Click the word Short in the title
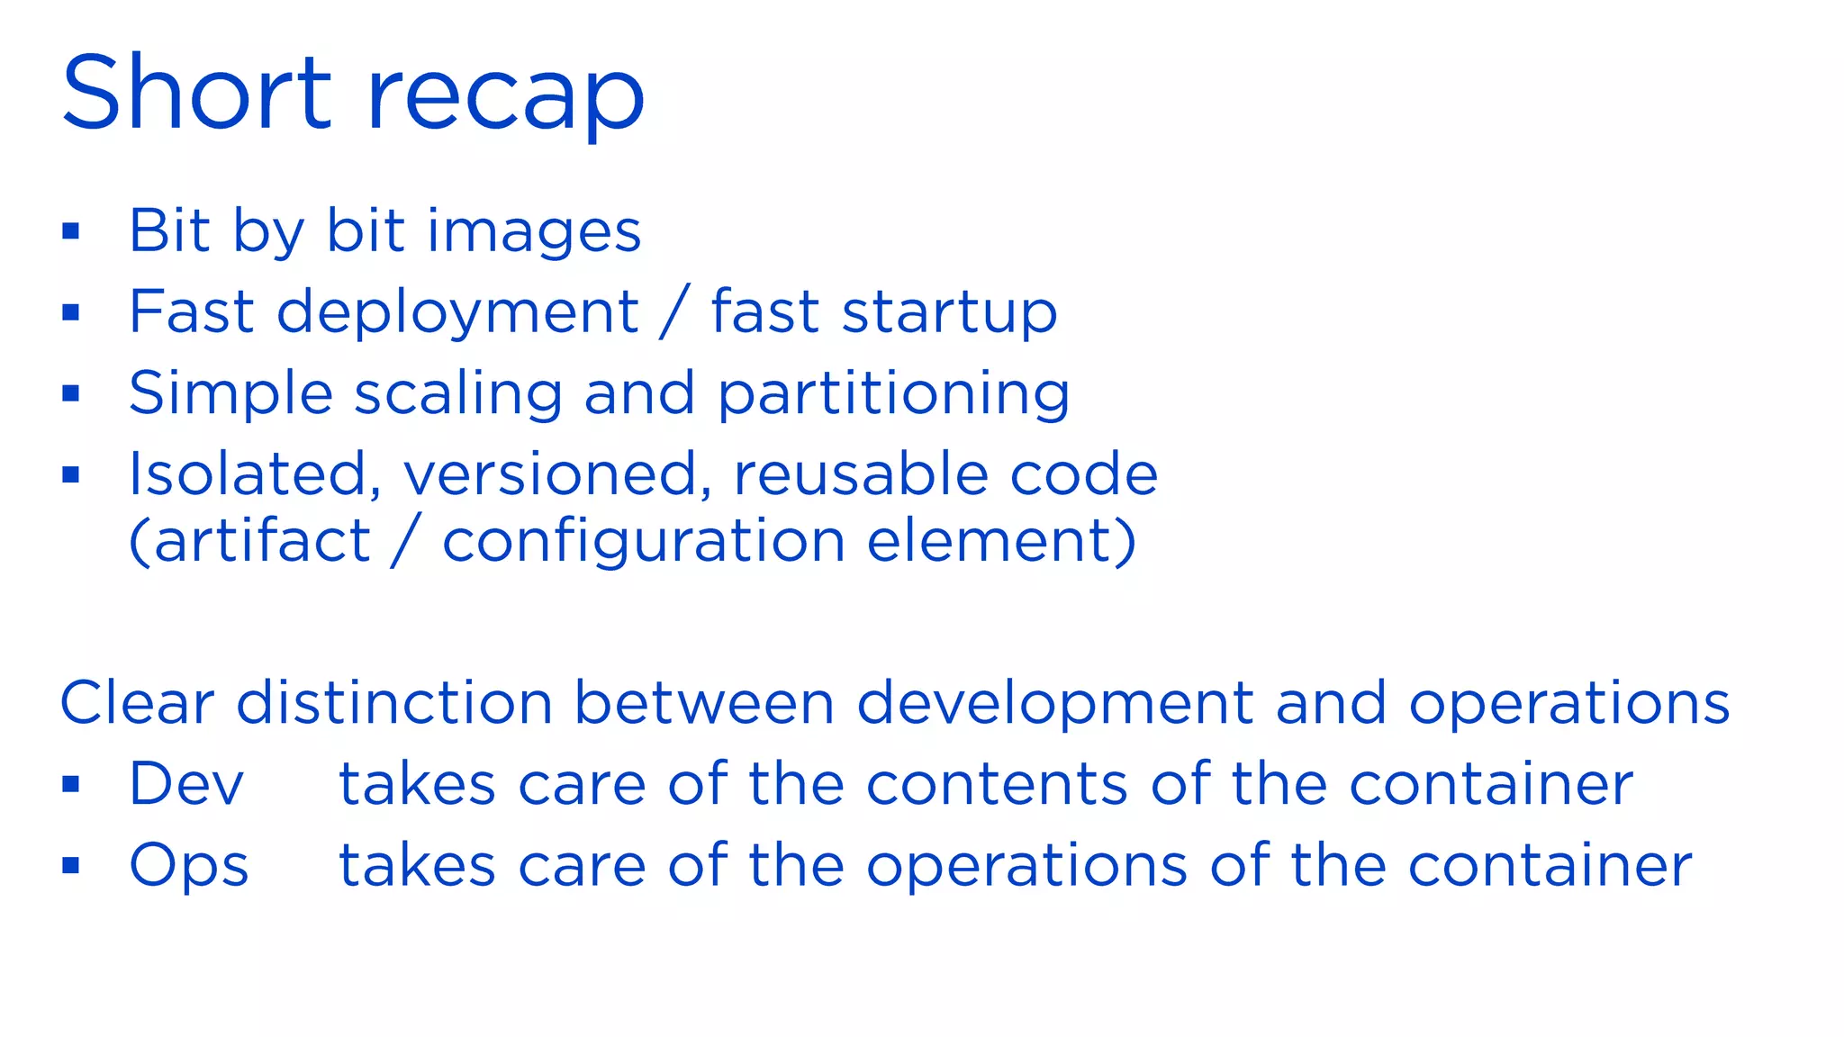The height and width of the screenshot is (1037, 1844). click(x=197, y=94)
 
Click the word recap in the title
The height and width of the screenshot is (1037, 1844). click(x=505, y=97)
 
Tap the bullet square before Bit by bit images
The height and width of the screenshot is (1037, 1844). click(x=71, y=231)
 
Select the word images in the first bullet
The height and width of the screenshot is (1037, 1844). click(x=533, y=232)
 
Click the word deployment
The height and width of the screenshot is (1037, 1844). click(x=457, y=313)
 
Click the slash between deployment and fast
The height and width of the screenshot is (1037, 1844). click(x=674, y=311)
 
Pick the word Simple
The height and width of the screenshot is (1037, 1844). click(x=230, y=394)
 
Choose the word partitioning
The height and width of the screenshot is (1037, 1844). click(x=893, y=394)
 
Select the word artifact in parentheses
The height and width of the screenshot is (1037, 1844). click(x=262, y=541)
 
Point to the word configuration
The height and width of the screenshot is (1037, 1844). click(x=644, y=543)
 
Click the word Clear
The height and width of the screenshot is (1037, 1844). click(x=137, y=702)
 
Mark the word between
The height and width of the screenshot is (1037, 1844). click(x=704, y=702)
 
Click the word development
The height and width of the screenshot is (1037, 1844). click(x=1054, y=704)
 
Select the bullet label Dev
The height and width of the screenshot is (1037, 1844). click(x=186, y=783)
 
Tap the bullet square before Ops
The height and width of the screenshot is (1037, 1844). click(x=71, y=866)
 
